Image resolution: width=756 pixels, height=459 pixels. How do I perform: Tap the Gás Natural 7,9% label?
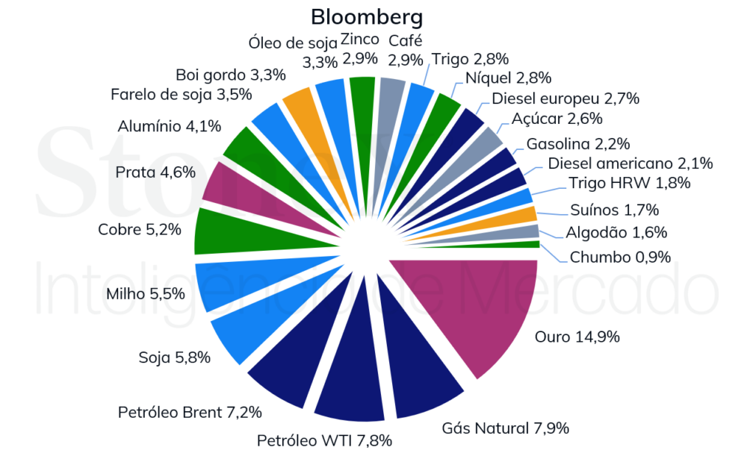pyautogui.click(x=505, y=428)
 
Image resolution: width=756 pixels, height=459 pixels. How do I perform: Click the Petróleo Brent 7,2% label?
pyautogui.click(x=190, y=412)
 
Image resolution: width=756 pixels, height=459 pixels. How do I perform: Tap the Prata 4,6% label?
pyautogui.click(x=155, y=173)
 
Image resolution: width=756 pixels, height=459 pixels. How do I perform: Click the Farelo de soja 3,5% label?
pyautogui.click(x=181, y=94)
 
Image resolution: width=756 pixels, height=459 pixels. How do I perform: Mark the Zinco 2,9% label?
pyautogui.click(x=360, y=48)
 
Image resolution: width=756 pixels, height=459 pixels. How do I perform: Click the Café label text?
pyautogui.click(x=405, y=40)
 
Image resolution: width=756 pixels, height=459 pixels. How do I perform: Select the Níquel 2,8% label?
pyautogui.click(x=509, y=78)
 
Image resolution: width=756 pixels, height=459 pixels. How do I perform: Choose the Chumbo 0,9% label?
pyautogui.click(x=619, y=257)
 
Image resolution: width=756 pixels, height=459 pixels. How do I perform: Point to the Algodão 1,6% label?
pyautogui.click(x=616, y=232)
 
